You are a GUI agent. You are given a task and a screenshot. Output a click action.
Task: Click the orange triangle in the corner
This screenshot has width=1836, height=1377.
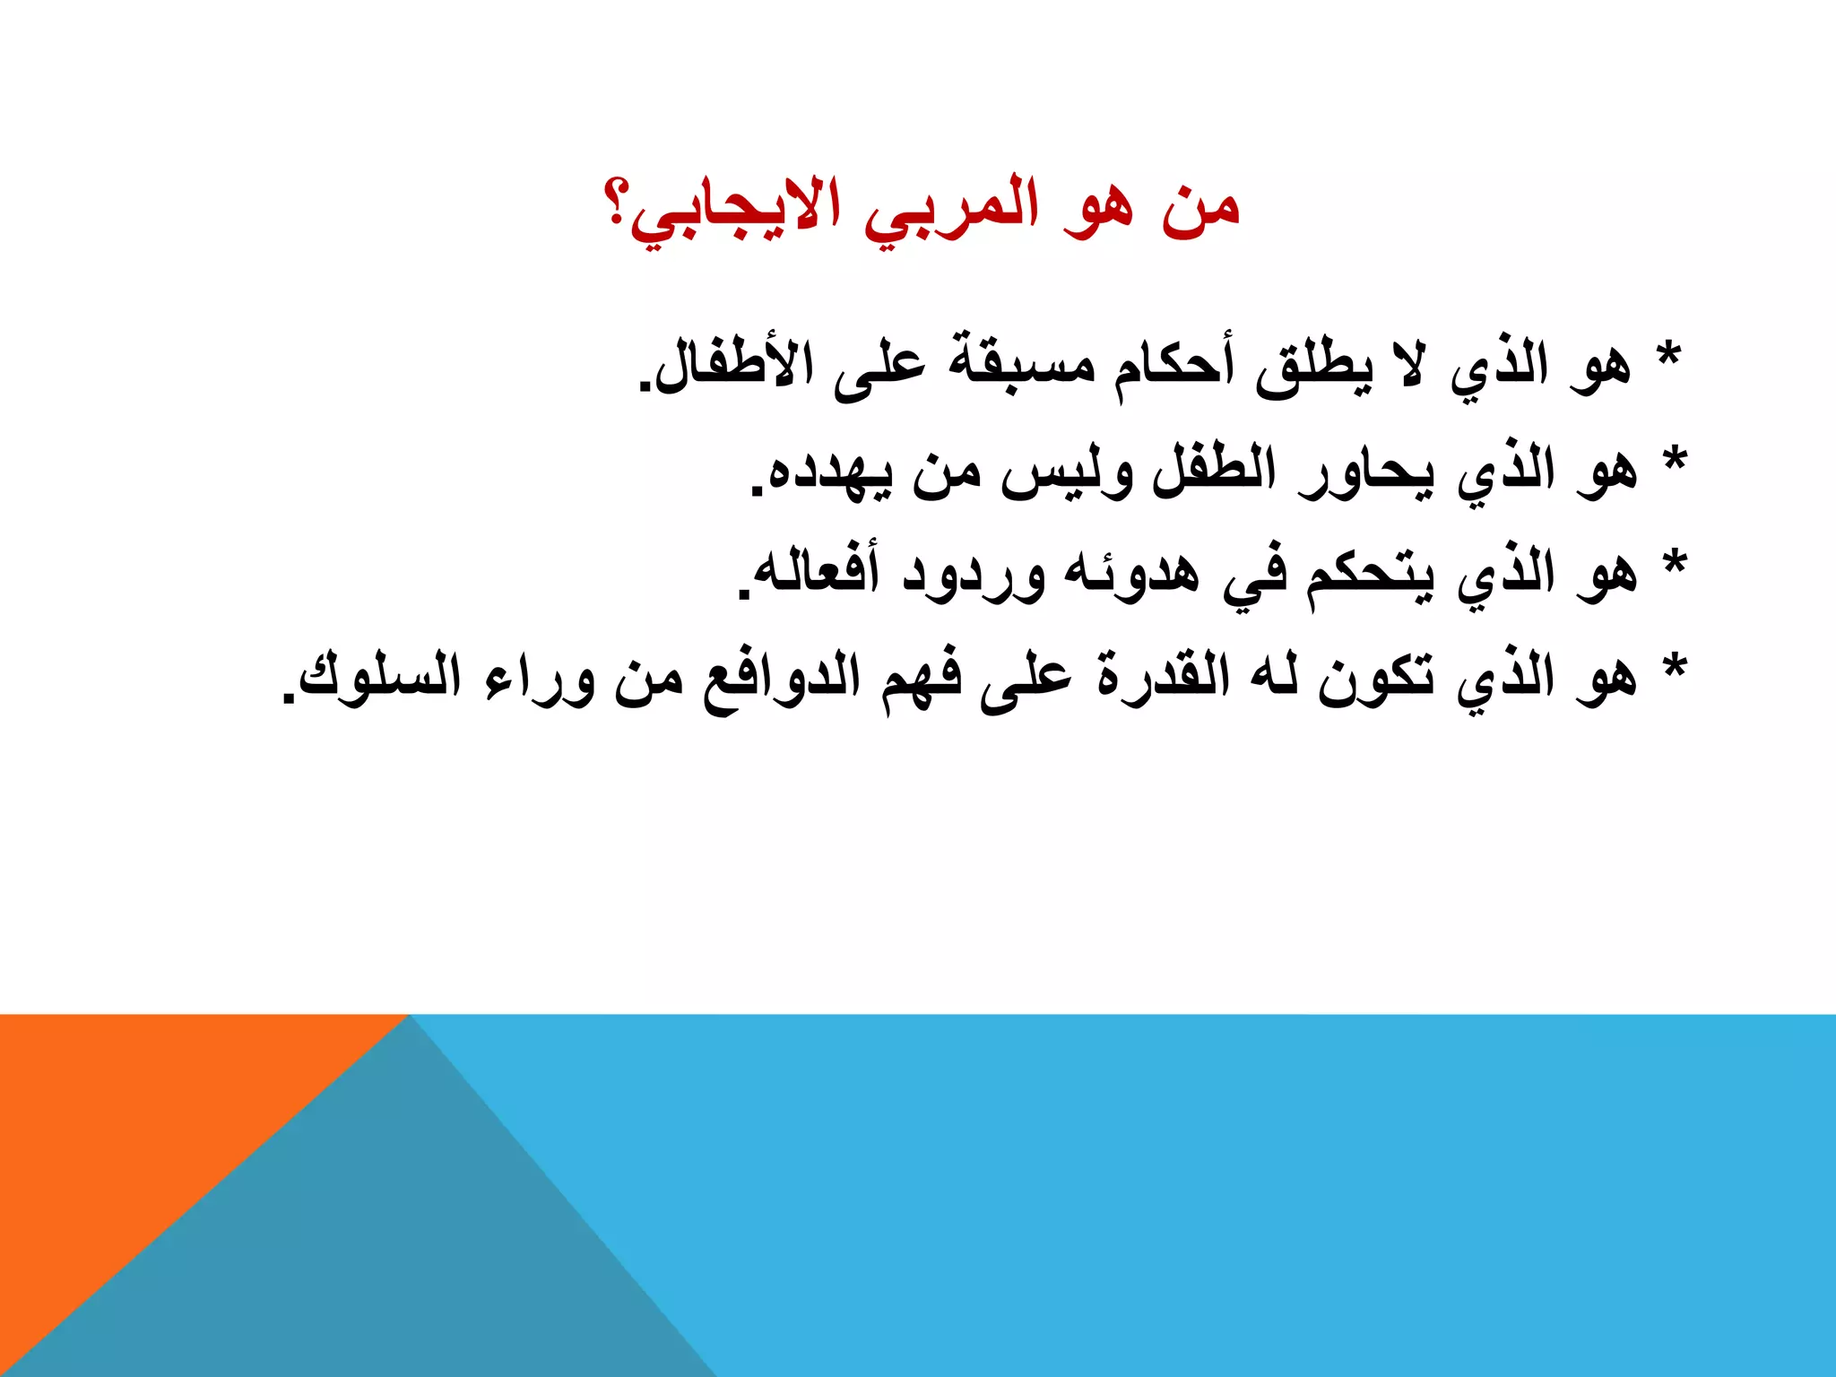(x=134, y=1121)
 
